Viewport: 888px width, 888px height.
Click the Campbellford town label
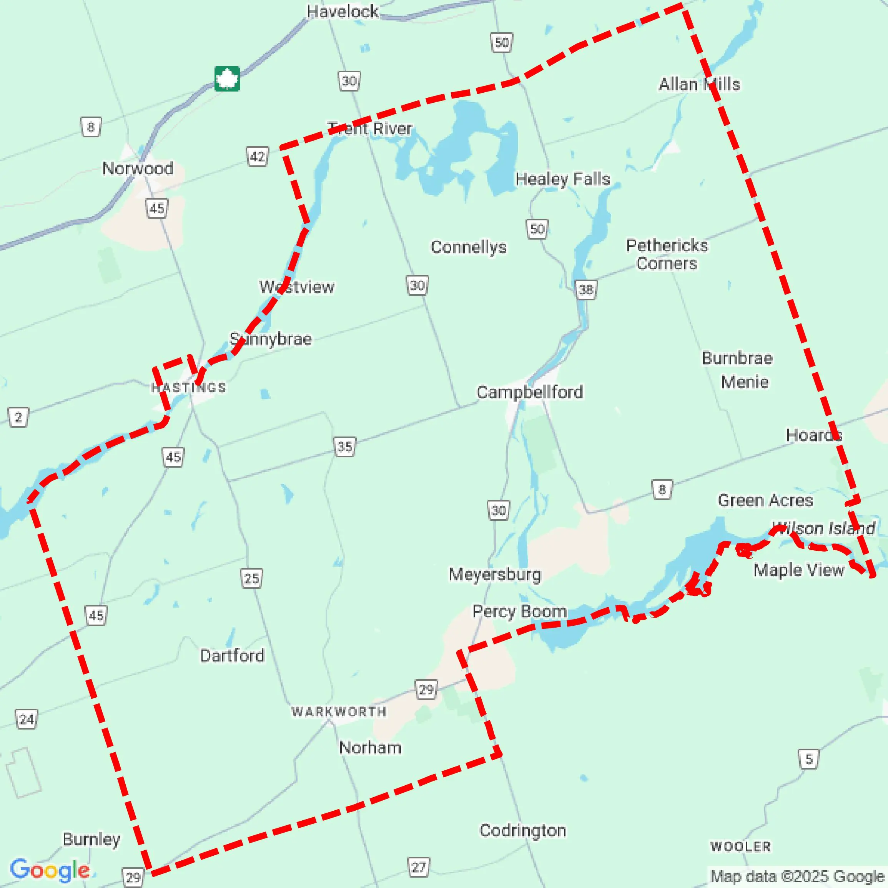coord(529,392)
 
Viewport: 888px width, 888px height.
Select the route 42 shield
coord(258,157)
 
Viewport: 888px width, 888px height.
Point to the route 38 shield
coord(586,290)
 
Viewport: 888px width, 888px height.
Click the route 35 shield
coord(345,446)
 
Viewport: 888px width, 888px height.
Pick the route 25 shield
coord(251,578)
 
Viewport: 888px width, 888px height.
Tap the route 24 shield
coord(27,719)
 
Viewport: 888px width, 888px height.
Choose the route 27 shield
coord(418,867)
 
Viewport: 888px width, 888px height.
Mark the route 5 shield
coord(809,759)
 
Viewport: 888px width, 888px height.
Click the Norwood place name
coord(138,168)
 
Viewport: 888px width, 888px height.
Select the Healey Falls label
coord(562,179)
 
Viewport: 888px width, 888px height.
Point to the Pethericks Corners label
coord(667,254)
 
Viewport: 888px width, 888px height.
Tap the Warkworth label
coord(339,712)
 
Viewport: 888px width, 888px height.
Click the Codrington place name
coord(522,831)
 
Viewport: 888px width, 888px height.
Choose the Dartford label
coord(232,655)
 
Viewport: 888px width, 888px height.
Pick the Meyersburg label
coord(495,574)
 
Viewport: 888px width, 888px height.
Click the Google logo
coord(50,870)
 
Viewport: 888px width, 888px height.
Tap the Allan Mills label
coord(699,84)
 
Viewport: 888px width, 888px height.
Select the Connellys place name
coord(468,247)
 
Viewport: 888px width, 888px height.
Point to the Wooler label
coord(740,846)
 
